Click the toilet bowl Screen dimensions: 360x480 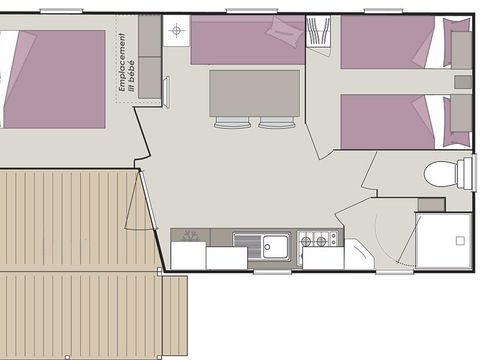pos(441,174)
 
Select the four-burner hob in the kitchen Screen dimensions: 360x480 pos(319,240)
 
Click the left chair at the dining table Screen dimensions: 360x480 pos(233,124)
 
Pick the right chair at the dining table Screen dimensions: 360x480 pos(277,124)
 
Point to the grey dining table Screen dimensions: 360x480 pos(254,93)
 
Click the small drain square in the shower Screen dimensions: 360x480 pos(460,241)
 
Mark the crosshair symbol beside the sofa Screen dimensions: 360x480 pos(176,31)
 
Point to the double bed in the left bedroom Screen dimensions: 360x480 pos(55,78)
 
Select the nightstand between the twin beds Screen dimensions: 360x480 pos(462,82)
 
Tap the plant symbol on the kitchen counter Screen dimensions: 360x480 pos(189,236)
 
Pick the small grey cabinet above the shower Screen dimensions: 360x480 pos(431,204)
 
